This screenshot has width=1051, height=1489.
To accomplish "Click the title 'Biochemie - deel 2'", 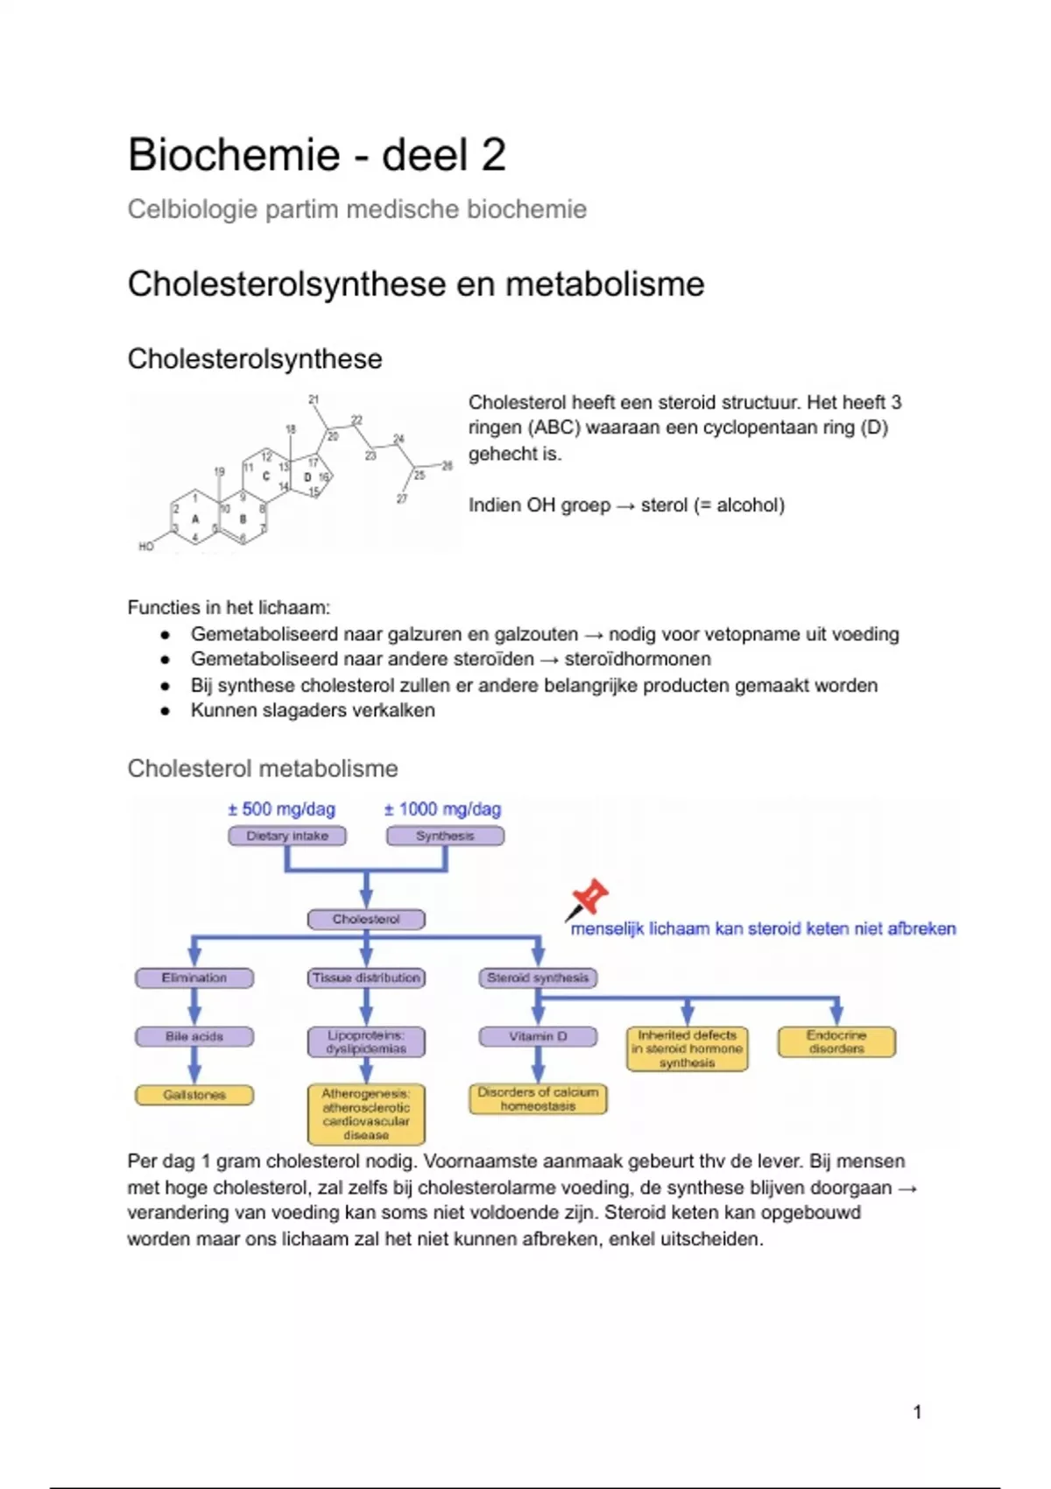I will (316, 155).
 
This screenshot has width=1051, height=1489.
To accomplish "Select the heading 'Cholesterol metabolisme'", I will (262, 768).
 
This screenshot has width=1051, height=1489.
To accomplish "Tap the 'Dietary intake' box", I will (286, 836).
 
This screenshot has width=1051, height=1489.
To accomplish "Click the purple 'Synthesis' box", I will (445, 836).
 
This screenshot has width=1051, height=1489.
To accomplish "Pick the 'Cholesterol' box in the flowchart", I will (366, 919).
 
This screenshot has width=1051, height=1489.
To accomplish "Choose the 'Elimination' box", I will (194, 977).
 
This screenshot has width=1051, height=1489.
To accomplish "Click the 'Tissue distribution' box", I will (366, 977).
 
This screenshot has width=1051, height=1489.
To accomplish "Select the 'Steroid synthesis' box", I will (538, 977).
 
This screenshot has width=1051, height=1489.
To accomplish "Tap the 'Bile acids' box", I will (194, 1036).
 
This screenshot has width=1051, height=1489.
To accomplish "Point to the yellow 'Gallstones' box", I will (194, 1095).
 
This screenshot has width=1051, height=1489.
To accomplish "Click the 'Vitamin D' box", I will (538, 1036).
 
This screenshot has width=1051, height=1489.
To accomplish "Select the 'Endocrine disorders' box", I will (836, 1041).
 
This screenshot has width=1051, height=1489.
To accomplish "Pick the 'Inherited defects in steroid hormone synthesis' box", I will (688, 1048).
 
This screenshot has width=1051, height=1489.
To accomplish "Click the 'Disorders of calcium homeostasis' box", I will (538, 1099).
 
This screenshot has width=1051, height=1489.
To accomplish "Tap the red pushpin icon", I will (589, 898).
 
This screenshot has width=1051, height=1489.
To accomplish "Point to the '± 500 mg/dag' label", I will (281, 809).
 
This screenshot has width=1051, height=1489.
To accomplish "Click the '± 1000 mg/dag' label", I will (442, 809).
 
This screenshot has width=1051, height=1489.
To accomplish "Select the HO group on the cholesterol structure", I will (146, 547).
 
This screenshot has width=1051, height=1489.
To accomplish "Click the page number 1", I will (917, 1412).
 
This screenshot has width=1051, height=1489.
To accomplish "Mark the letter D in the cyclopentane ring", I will (307, 477).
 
